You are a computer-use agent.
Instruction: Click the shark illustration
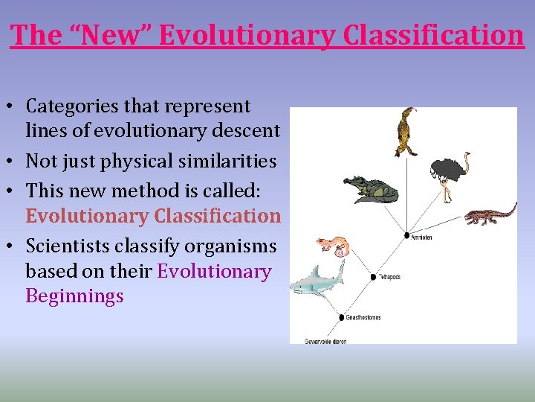[x=316, y=281]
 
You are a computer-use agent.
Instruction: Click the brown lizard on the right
[x=490, y=214]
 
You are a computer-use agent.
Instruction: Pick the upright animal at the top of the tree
[x=406, y=132]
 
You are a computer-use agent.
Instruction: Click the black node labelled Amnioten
[x=407, y=237]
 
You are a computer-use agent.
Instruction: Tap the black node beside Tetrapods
[x=374, y=277]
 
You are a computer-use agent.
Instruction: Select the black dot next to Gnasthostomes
[x=340, y=318]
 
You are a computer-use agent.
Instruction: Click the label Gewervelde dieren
[x=325, y=341]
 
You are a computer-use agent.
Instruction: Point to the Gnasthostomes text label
[x=363, y=318]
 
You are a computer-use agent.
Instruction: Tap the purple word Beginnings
[x=74, y=296]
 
